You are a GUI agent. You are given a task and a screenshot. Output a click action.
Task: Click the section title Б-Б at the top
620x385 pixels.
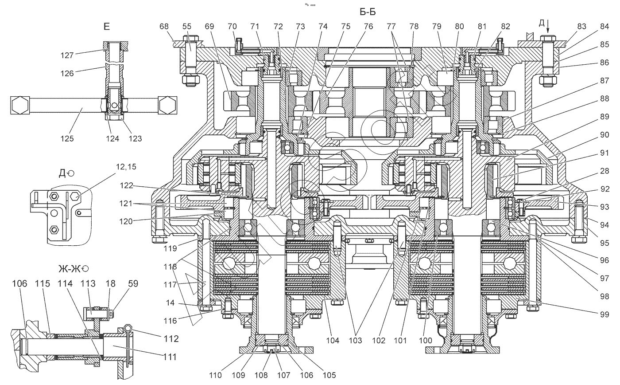point(368,12)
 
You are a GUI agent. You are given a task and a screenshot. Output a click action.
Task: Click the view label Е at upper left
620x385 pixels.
point(107,27)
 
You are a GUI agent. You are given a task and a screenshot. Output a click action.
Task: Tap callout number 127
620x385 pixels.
point(67,55)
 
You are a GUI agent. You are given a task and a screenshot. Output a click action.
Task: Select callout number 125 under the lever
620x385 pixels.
point(67,138)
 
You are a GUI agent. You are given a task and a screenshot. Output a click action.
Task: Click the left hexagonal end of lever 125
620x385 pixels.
point(20,105)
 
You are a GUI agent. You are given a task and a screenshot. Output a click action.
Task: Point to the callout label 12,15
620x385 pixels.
point(126,167)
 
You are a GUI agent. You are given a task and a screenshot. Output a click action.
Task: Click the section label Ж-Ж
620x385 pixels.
point(70,268)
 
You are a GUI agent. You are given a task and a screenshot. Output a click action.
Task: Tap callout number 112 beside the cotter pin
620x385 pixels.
point(171,339)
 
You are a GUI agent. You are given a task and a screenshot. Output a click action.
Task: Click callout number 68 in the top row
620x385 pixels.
point(164,26)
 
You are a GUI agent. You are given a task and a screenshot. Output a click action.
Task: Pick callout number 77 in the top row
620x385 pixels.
point(391,26)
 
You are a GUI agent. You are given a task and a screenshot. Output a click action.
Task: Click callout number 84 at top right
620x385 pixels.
point(604,26)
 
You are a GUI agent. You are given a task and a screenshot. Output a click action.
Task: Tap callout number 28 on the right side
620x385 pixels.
point(604,171)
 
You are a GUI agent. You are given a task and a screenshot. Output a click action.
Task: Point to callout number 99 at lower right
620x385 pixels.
point(604,314)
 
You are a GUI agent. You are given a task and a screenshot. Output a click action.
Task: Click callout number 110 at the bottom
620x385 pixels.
point(215,375)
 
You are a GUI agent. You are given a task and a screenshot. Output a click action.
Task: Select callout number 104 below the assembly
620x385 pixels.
point(333,340)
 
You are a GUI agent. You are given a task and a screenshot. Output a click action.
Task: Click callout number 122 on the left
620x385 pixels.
point(127,185)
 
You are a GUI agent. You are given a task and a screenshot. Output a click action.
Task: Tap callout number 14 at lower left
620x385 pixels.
point(170,302)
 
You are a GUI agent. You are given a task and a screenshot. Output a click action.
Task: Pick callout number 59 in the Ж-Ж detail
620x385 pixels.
point(133,283)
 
